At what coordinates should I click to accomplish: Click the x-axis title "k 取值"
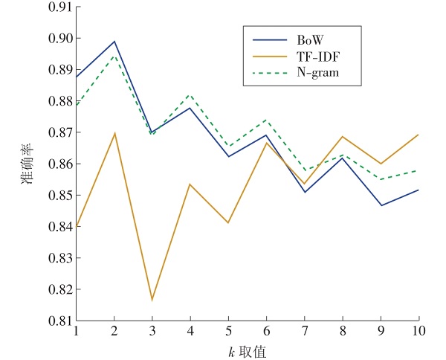tap(247, 351)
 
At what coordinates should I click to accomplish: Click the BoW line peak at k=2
tap(114, 42)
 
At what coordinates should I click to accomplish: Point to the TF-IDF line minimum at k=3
tap(152, 300)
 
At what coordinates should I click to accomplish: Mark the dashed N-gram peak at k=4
tap(190, 95)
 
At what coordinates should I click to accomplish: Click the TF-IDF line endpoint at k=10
tap(418, 135)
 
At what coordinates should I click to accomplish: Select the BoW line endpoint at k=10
tap(418, 190)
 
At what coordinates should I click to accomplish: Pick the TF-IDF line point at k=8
tap(342, 136)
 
